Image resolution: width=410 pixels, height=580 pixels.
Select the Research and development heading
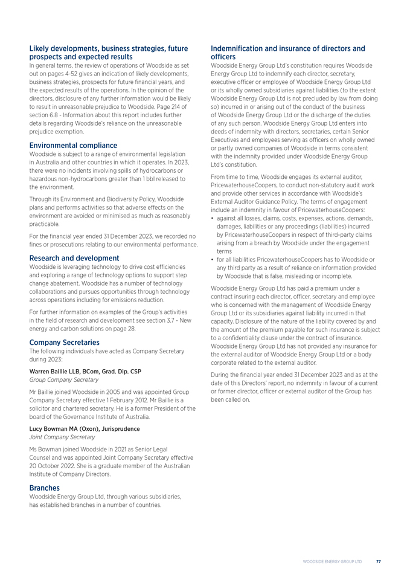point(74,258)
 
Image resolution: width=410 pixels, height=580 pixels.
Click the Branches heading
point(45,488)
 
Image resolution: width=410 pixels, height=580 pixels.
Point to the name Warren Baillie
point(52,371)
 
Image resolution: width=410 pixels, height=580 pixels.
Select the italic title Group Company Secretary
point(64,379)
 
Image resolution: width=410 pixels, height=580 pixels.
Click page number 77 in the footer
point(378,561)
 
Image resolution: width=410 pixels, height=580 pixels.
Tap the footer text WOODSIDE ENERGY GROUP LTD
point(332,561)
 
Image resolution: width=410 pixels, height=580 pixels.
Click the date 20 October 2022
point(56,466)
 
